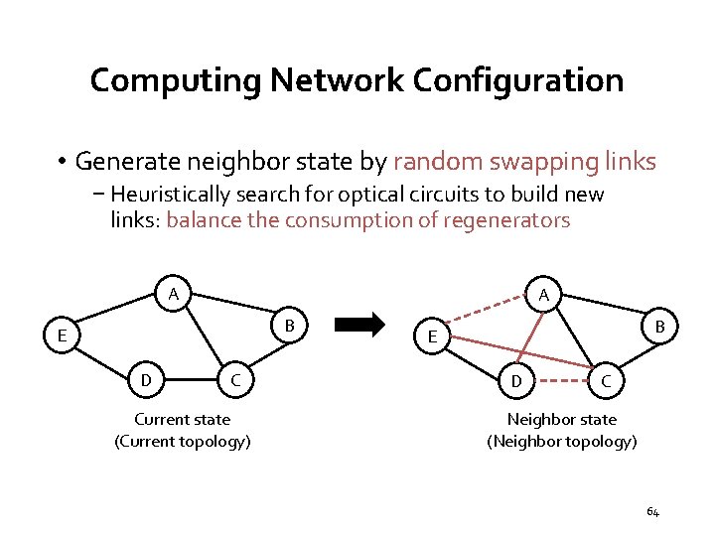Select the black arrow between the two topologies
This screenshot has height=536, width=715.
tap(356, 324)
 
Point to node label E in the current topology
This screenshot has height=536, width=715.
tap(62, 336)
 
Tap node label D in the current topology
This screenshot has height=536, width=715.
tap(146, 379)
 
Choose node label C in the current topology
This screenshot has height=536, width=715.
tap(235, 379)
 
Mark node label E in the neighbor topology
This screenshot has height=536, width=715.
tap(433, 337)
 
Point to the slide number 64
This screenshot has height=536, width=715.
tap(652, 512)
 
